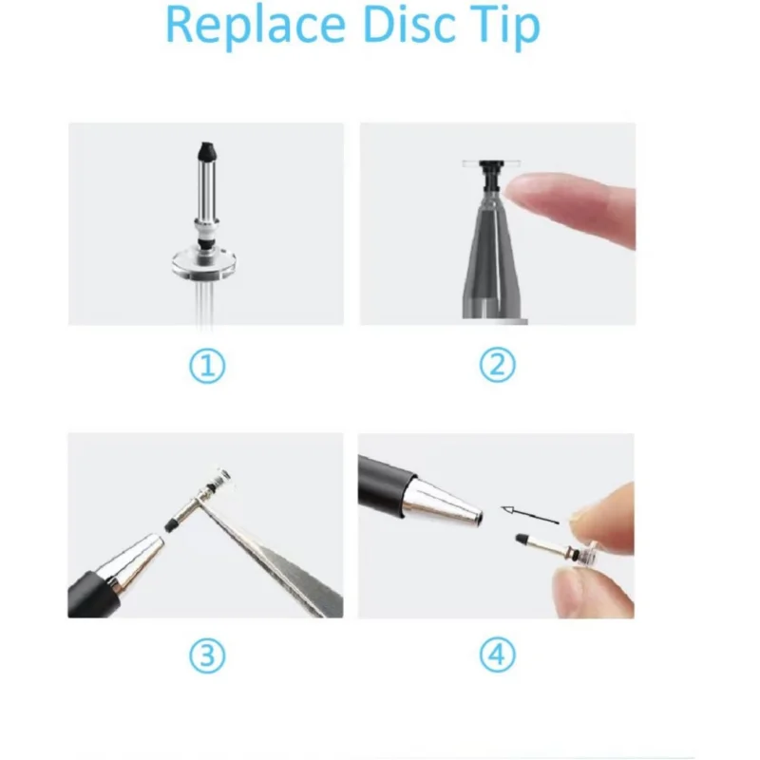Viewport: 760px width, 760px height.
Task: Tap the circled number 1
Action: tap(208, 365)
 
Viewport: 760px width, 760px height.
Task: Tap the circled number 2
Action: tap(497, 365)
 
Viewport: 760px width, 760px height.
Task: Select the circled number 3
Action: tap(208, 655)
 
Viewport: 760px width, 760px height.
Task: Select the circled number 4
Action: tap(497, 655)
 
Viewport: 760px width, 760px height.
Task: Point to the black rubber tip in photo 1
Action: tap(204, 150)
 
